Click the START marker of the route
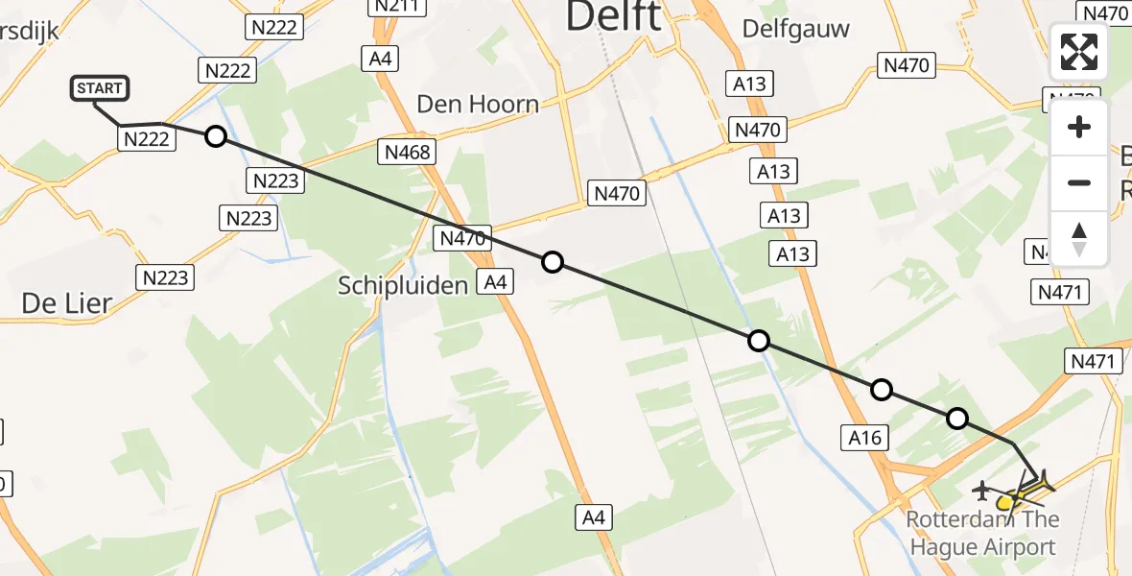click(x=100, y=89)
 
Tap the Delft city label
click(x=614, y=16)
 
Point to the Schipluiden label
click(x=402, y=284)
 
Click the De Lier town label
click(x=66, y=303)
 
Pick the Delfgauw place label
click(x=796, y=29)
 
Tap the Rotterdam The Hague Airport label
click(x=983, y=534)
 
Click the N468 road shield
click(x=408, y=152)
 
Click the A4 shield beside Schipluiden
click(x=495, y=281)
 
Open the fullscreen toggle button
click(x=1079, y=52)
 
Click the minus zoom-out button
click(x=1079, y=182)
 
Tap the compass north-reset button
click(x=1079, y=238)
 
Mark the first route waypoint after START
click(x=216, y=136)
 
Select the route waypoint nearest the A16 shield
click(x=881, y=390)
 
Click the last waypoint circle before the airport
click(x=956, y=419)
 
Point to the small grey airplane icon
click(x=980, y=492)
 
